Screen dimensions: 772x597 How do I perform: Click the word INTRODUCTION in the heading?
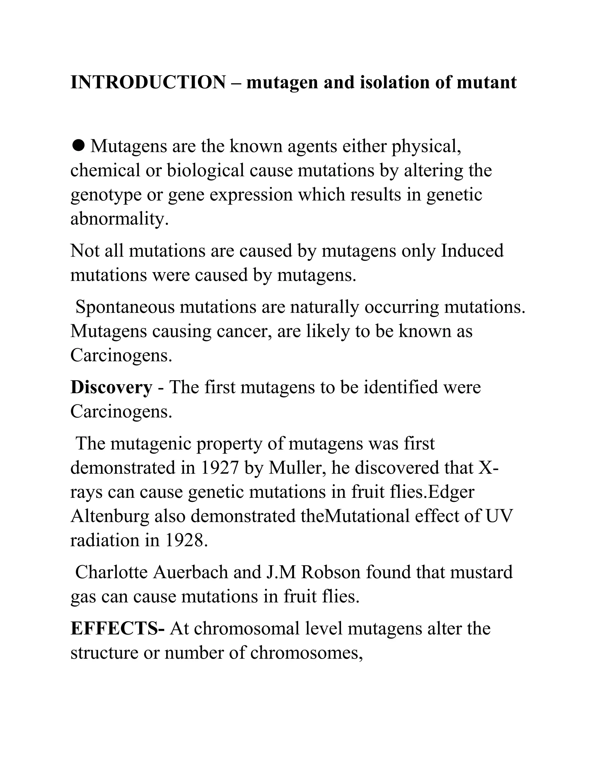point(148,82)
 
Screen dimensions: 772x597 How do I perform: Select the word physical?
point(426,146)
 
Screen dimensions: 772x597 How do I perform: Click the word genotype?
point(106,195)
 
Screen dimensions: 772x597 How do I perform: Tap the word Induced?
point(472,251)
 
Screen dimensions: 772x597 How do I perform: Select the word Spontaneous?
point(125,307)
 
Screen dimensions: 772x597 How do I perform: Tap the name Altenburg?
point(110,516)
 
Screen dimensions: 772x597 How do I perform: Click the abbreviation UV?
point(499,516)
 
